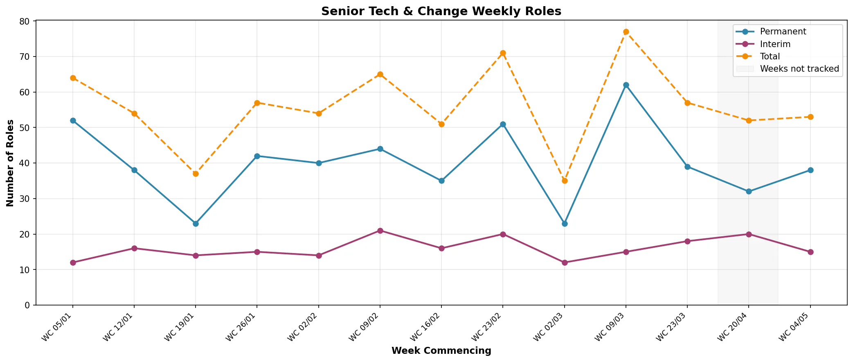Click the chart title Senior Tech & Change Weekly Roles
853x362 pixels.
(441, 11)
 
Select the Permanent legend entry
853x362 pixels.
(771, 32)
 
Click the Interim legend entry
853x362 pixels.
(763, 44)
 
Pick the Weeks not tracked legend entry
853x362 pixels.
(788, 69)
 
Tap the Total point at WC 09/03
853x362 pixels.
(626, 32)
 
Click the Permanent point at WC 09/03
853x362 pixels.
(626, 85)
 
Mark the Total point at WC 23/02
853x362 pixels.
(503, 53)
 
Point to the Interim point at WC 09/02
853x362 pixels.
(380, 231)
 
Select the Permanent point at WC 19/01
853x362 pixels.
(196, 224)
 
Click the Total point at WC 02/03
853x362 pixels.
(565, 181)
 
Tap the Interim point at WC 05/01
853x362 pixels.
(73, 262)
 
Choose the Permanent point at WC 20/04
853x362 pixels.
(749, 192)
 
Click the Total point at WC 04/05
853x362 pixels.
(810, 117)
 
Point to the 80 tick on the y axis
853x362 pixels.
(35, 21)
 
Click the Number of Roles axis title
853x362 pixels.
(11, 163)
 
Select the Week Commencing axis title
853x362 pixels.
(441, 351)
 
